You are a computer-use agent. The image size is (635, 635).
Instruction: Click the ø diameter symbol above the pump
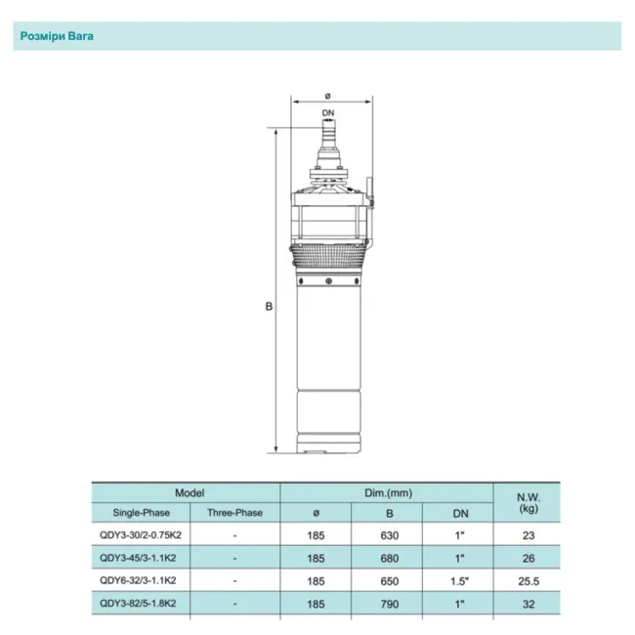(329, 95)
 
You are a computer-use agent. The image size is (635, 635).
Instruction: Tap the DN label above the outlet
(329, 114)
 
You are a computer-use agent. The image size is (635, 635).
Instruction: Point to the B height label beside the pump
(269, 306)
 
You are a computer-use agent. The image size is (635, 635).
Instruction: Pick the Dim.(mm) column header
(388, 494)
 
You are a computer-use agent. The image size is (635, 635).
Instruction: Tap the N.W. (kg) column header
(529, 502)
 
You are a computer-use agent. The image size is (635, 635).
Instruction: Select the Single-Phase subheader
(140, 513)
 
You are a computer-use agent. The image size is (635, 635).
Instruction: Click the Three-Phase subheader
(234, 513)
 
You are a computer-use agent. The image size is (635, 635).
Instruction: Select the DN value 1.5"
(459, 581)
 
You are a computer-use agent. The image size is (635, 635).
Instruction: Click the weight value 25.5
(529, 581)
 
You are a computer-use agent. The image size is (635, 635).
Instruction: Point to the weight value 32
(529, 605)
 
